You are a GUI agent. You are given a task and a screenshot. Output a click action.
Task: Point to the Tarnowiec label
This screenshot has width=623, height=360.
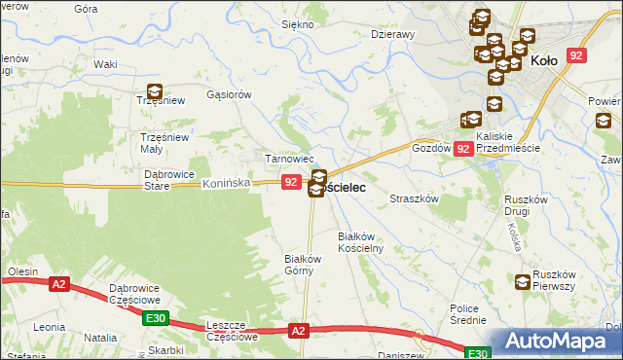[x=290, y=159]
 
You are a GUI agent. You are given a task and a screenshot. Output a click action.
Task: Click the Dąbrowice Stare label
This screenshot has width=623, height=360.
[x=170, y=179]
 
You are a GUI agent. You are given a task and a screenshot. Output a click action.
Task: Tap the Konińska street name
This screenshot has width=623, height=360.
[x=228, y=183]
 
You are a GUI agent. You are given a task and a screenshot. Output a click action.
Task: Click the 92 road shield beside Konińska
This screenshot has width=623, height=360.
[x=291, y=182]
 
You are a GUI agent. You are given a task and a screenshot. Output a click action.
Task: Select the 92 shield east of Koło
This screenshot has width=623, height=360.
[x=576, y=57]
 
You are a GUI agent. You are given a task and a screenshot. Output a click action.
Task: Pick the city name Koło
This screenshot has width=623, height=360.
[x=546, y=60]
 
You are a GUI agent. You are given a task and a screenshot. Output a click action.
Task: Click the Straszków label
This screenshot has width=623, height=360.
[x=417, y=198]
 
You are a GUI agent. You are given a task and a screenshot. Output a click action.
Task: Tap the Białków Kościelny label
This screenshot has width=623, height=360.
[x=361, y=242]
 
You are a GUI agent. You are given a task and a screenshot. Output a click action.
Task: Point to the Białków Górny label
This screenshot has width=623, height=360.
[x=302, y=265]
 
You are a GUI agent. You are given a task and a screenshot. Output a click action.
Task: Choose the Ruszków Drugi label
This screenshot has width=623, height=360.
[x=530, y=205]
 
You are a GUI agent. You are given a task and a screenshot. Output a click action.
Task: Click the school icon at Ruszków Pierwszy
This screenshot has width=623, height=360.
[x=523, y=282]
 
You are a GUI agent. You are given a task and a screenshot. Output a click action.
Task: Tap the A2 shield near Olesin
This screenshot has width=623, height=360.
[x=59, y=284]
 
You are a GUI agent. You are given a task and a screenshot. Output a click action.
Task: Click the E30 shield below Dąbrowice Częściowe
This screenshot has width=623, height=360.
[x=154, y=318]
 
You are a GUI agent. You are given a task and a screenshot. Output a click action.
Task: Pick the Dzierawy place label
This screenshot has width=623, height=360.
[x=393, y=34]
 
